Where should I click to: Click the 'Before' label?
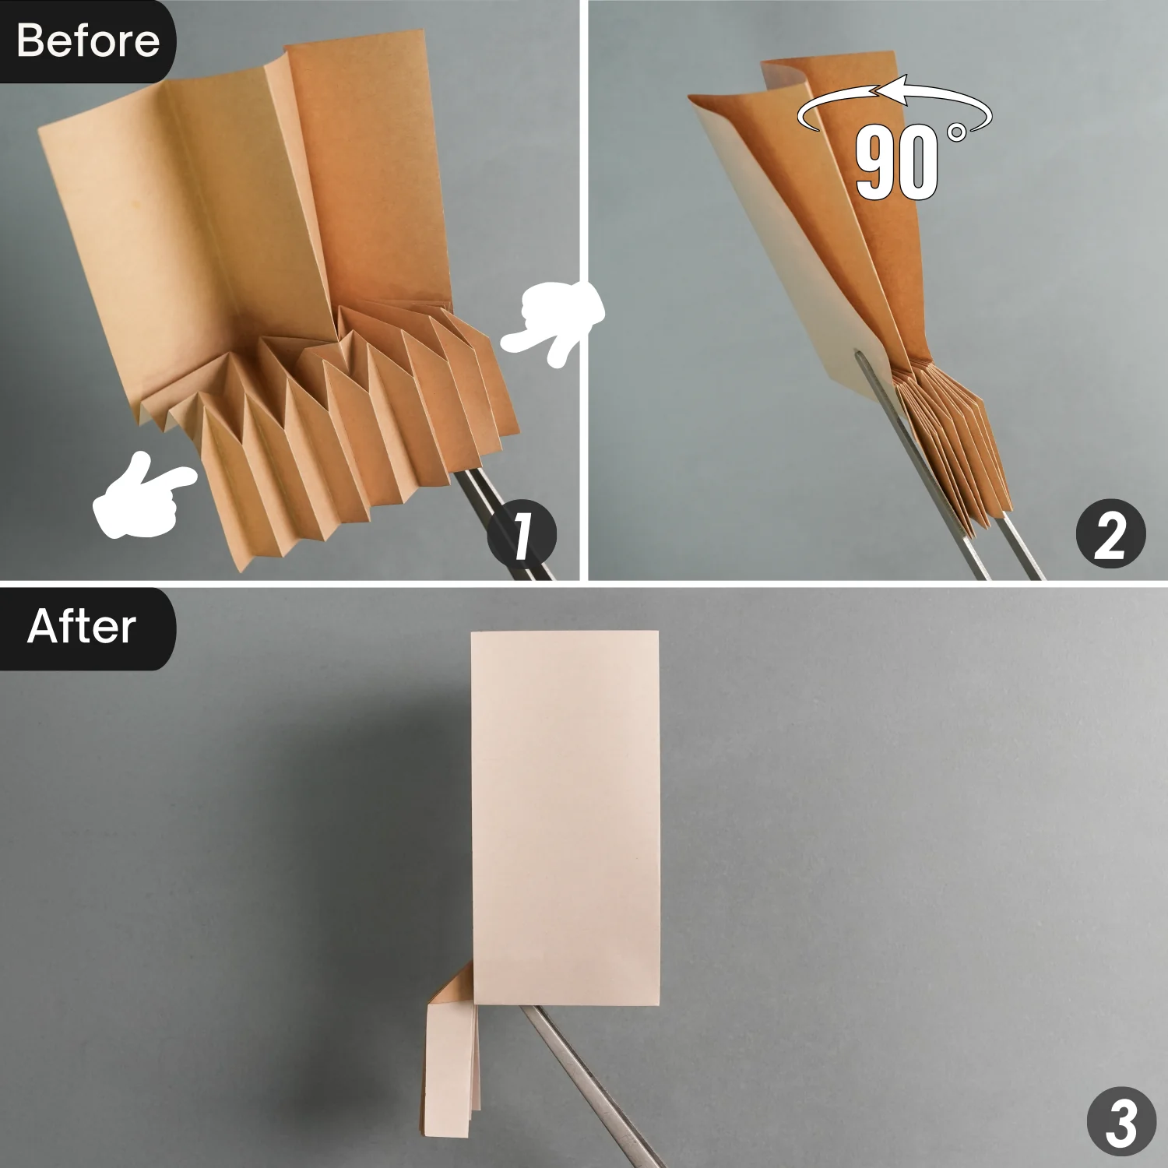(87, 40)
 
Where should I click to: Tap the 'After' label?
(82, 627)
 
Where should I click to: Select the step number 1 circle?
(522, 536)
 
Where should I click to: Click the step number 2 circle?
(1110, 536)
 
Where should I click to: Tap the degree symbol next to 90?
(957, 133)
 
